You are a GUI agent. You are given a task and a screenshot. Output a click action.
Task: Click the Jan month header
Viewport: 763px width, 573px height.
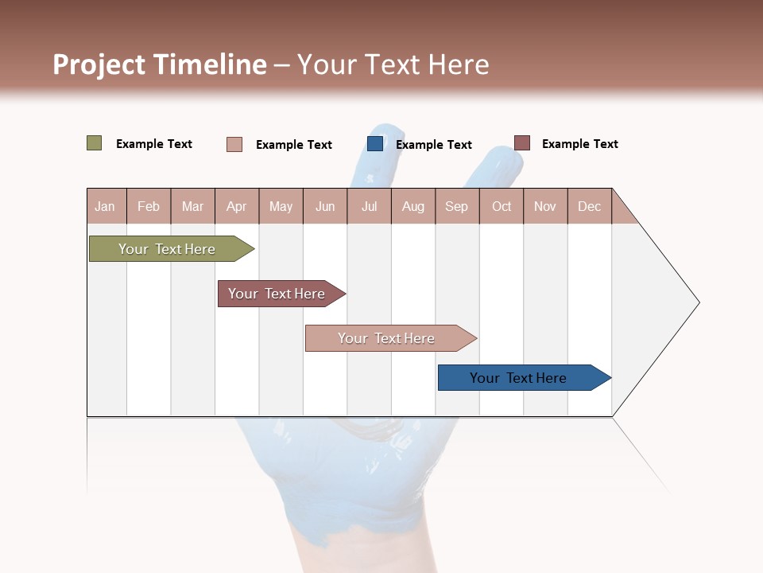(106, 206)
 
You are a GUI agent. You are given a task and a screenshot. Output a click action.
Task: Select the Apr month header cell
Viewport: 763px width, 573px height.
(237, 206)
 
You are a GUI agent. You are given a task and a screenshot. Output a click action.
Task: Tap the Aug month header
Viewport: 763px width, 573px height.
(413, 206)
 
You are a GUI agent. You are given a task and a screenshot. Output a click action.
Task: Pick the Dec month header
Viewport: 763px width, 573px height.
(590, 206)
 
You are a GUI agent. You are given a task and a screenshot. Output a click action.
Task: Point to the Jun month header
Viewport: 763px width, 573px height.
(325, 206)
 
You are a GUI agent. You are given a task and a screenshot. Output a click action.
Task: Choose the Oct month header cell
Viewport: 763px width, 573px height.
(502, 206)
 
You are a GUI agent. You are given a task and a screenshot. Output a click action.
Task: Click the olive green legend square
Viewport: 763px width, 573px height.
(95, 143)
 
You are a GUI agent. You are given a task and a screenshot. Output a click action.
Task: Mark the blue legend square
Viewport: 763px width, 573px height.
(375, 144)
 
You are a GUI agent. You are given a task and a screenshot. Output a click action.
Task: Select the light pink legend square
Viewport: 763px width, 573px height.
(234, 144)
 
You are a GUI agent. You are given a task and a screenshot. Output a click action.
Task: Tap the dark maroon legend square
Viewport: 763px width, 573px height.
(522, 143)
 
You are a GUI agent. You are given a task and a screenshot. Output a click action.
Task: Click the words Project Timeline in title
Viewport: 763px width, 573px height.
(159, 64)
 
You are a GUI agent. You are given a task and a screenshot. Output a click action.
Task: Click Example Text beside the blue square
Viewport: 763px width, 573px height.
(434, 145)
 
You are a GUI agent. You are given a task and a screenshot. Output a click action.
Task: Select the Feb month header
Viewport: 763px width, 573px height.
(149, 206)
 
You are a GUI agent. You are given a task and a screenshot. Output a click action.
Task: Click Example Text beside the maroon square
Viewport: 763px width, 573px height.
(580, 144)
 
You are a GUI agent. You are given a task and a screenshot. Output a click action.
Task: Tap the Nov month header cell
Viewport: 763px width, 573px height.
(545, 206)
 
